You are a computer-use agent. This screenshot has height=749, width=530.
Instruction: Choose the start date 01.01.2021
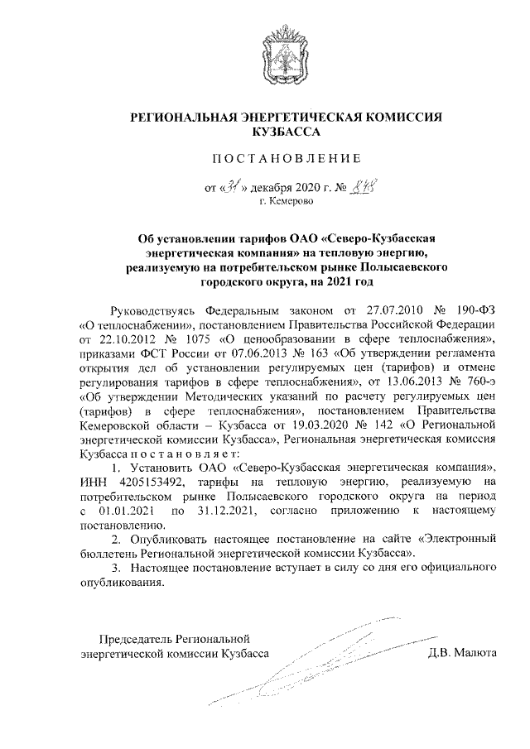[x=133, y=513]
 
